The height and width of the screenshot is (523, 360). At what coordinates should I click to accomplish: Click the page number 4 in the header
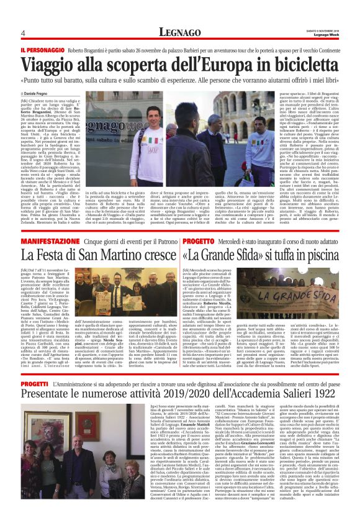click(x=23, y=32)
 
